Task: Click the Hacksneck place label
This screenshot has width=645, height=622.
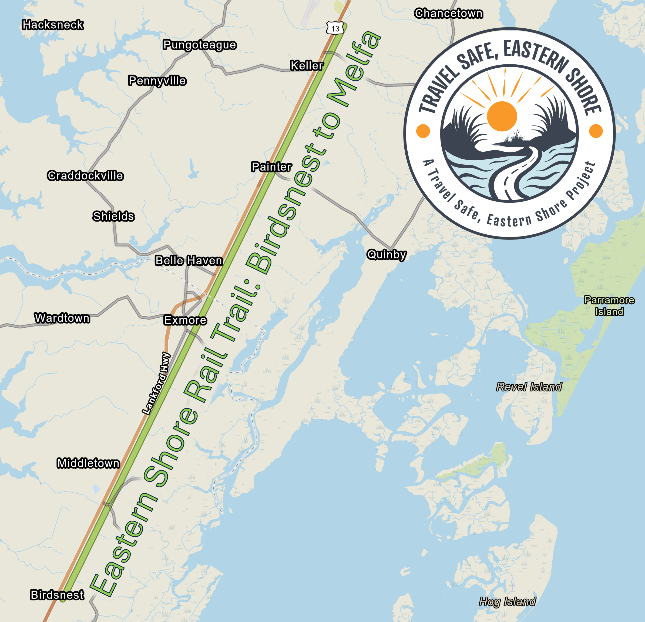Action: (53, 25)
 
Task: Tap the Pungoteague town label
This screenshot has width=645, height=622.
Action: (199, 45)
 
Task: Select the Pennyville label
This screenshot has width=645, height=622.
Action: (157, 81)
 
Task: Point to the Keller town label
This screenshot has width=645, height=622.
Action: (307, 65)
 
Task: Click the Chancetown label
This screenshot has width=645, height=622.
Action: (449, 14)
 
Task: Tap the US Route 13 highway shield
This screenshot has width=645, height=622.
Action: (335, 28)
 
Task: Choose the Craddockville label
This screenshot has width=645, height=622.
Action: (85, 176)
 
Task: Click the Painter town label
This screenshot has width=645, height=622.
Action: (271, 167)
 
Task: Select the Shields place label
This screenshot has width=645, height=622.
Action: (113, 216)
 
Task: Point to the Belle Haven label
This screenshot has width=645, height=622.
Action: (189, 261)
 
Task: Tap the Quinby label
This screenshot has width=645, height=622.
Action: (387, 255)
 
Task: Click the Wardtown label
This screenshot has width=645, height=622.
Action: (62, 318)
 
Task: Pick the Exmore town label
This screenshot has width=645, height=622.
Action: (185, 320)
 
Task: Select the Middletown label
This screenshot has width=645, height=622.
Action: (88, 463)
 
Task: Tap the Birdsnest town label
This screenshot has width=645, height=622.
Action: (57, 595)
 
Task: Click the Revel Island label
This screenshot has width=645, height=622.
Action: (529, 387)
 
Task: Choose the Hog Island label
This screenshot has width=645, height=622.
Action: (507, 601)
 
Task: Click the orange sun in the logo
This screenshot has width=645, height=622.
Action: (502, 116)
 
